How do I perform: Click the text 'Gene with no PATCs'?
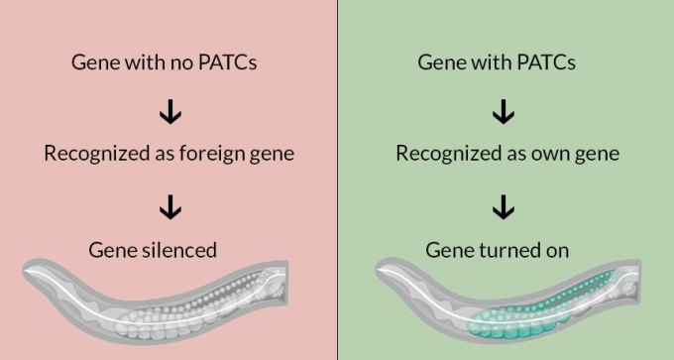point(169,62)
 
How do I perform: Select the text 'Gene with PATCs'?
point(504,62)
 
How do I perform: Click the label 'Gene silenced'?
point(169,249)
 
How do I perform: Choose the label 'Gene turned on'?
point(504,249)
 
